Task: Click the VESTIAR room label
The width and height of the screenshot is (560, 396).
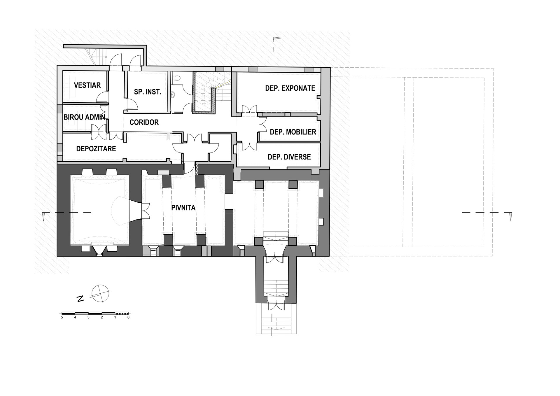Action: point(87,85)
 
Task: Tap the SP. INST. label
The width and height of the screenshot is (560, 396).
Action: point(148,92)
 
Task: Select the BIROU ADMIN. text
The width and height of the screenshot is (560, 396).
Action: point(85,117)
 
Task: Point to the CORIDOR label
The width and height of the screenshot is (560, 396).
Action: point(144,122)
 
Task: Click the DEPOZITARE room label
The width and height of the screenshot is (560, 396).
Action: point(96,149)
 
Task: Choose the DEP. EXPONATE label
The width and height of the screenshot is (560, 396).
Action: point(290,88)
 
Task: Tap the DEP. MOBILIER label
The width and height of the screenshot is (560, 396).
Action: point(293,132)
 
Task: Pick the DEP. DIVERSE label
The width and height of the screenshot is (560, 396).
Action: point(289,157)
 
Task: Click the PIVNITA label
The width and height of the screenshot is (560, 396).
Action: point(183,208)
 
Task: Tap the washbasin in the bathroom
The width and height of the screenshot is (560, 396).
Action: point(174,94)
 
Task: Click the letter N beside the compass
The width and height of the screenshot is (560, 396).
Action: point(80,299)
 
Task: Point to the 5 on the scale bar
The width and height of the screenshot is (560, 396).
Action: point(62,317)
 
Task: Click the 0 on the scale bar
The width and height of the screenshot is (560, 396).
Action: point(128,317)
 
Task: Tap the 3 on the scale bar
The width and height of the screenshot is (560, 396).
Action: point(88,317)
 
